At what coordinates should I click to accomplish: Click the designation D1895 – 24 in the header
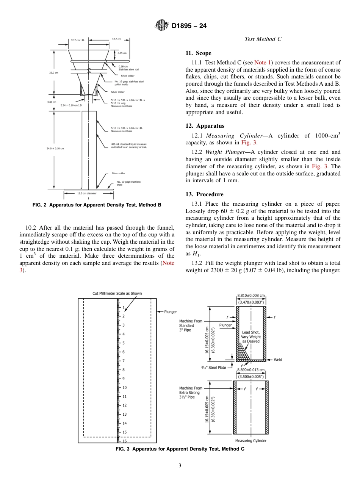(189, 26)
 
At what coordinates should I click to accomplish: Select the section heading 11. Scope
(198, 53)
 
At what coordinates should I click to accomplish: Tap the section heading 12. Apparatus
(205, 126)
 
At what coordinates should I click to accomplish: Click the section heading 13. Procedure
(204, 194)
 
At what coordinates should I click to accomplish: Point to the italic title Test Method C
(263, 39)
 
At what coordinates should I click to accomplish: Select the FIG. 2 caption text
(97, 205)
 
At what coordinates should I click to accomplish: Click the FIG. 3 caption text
(180, 449)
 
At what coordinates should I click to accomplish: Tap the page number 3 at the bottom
(180, 465)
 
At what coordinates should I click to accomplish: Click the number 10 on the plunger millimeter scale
(124, 388)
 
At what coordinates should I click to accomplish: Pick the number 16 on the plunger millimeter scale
(124, 441)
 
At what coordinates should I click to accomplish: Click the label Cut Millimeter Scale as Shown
(117, 293)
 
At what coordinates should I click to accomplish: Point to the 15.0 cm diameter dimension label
(87, 193)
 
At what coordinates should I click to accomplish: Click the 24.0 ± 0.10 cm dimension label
(55, 149)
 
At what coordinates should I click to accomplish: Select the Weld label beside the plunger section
(278, 360)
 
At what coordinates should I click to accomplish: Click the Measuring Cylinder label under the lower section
(250, 441)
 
